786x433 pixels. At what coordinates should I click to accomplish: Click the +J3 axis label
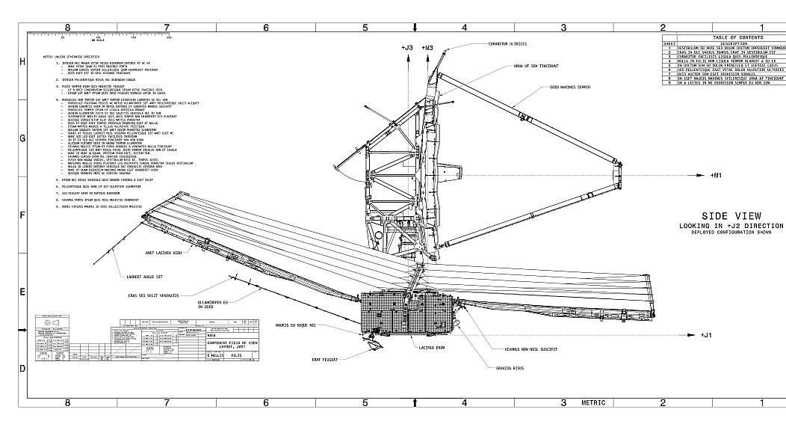[406, 48]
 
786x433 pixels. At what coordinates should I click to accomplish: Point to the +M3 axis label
[427, 48]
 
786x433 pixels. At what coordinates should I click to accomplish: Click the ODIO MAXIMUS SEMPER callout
[570, 87]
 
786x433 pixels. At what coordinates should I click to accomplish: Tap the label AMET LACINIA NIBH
[164, 254]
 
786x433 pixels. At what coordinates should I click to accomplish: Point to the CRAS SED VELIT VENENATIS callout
[154, 295]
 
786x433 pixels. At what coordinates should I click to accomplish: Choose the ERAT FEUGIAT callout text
[325, 360]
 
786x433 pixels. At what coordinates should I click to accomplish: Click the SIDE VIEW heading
[731, 216]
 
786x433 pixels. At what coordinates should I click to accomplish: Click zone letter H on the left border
[22, 62]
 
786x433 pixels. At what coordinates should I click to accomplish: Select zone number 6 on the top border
[265, 28]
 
